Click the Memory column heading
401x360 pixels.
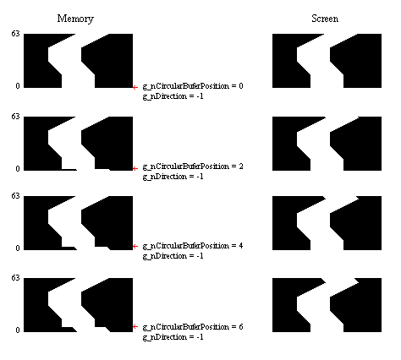coord(75,19)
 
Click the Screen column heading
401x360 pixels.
coord(325,19)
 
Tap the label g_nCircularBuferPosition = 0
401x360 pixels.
coord(193,86)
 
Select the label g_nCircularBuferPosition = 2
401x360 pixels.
coord(193,166)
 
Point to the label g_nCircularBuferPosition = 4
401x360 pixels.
coord(193,246)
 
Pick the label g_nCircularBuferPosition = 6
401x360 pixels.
coord(193,327)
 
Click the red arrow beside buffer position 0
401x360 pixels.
coord(135,88)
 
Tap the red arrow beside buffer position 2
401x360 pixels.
coord(135,168)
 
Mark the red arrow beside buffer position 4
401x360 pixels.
coord(135,246)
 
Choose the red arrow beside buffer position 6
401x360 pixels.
coord(135,326)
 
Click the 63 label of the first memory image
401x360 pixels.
coord(15,34)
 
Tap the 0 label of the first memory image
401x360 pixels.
coord(18,86)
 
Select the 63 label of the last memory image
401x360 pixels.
coord(15,278)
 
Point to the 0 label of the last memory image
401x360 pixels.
coord(18,330)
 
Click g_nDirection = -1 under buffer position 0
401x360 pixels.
coord(173,96)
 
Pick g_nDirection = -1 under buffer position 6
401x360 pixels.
coord(173,337)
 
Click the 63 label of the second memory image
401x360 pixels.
coord(15,117)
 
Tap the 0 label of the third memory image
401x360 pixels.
coord(18,248)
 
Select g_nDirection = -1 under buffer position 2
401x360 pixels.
coord(173,177)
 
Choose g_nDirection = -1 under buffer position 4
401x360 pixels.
coord(173,256)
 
